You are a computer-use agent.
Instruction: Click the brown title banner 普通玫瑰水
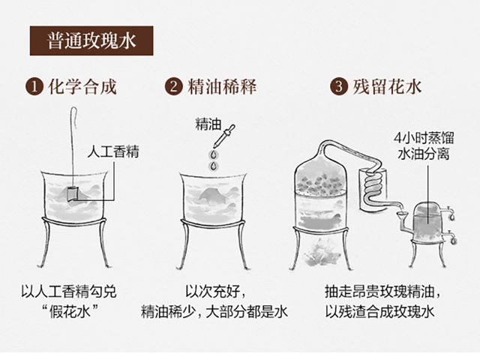coord(91,40)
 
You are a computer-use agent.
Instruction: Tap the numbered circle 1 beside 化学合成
coord(34,87)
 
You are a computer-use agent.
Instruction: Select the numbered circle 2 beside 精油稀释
coord(173,87)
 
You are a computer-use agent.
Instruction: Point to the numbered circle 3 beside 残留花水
coord(338,87)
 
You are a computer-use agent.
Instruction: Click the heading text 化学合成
coord(82,87)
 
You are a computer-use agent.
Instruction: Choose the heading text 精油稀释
coord(222,87)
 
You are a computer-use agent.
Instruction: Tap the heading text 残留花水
coord(387,87)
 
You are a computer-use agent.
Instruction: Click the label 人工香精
coord(113,151)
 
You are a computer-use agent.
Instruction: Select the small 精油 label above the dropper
coord(208,124)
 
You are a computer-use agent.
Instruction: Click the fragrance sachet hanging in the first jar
coord(73,193)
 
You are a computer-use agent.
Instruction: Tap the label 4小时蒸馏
coord(424,138)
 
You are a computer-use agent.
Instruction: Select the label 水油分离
coord(424,154)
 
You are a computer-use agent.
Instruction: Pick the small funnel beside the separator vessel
coord(403,216)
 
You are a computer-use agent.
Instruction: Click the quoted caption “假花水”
coord(70,312)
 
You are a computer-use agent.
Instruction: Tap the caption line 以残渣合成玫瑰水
coord(379,312)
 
